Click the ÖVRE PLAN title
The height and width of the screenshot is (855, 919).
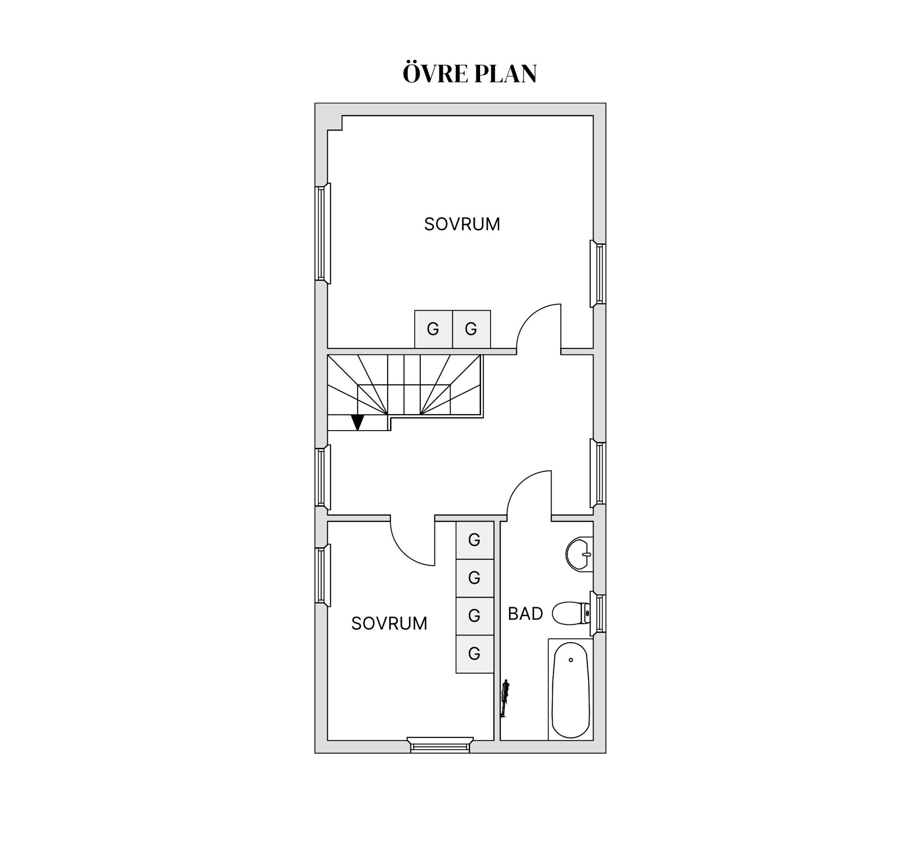pos(470,73)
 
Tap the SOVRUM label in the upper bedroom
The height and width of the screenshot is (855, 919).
pos(462,224)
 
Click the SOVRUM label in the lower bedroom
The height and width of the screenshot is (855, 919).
pos(389,623)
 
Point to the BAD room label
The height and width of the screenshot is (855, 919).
pos(525,613)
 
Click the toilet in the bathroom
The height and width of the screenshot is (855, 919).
pos(572,613)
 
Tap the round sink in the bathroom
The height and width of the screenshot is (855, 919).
pos(579,554)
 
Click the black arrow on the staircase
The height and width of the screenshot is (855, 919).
pos(358,422)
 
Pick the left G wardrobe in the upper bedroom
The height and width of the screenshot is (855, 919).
pos(433,329)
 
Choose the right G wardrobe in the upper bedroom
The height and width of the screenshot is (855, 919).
pos(471,329)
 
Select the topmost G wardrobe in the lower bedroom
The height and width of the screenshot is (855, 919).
pos(474,540)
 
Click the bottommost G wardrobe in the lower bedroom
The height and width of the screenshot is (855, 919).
pos(474,654)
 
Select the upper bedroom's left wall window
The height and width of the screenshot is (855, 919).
pos(323,233)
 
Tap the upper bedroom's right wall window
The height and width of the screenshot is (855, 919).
pos(598,274)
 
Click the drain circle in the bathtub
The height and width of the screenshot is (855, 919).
pos(571,660)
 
